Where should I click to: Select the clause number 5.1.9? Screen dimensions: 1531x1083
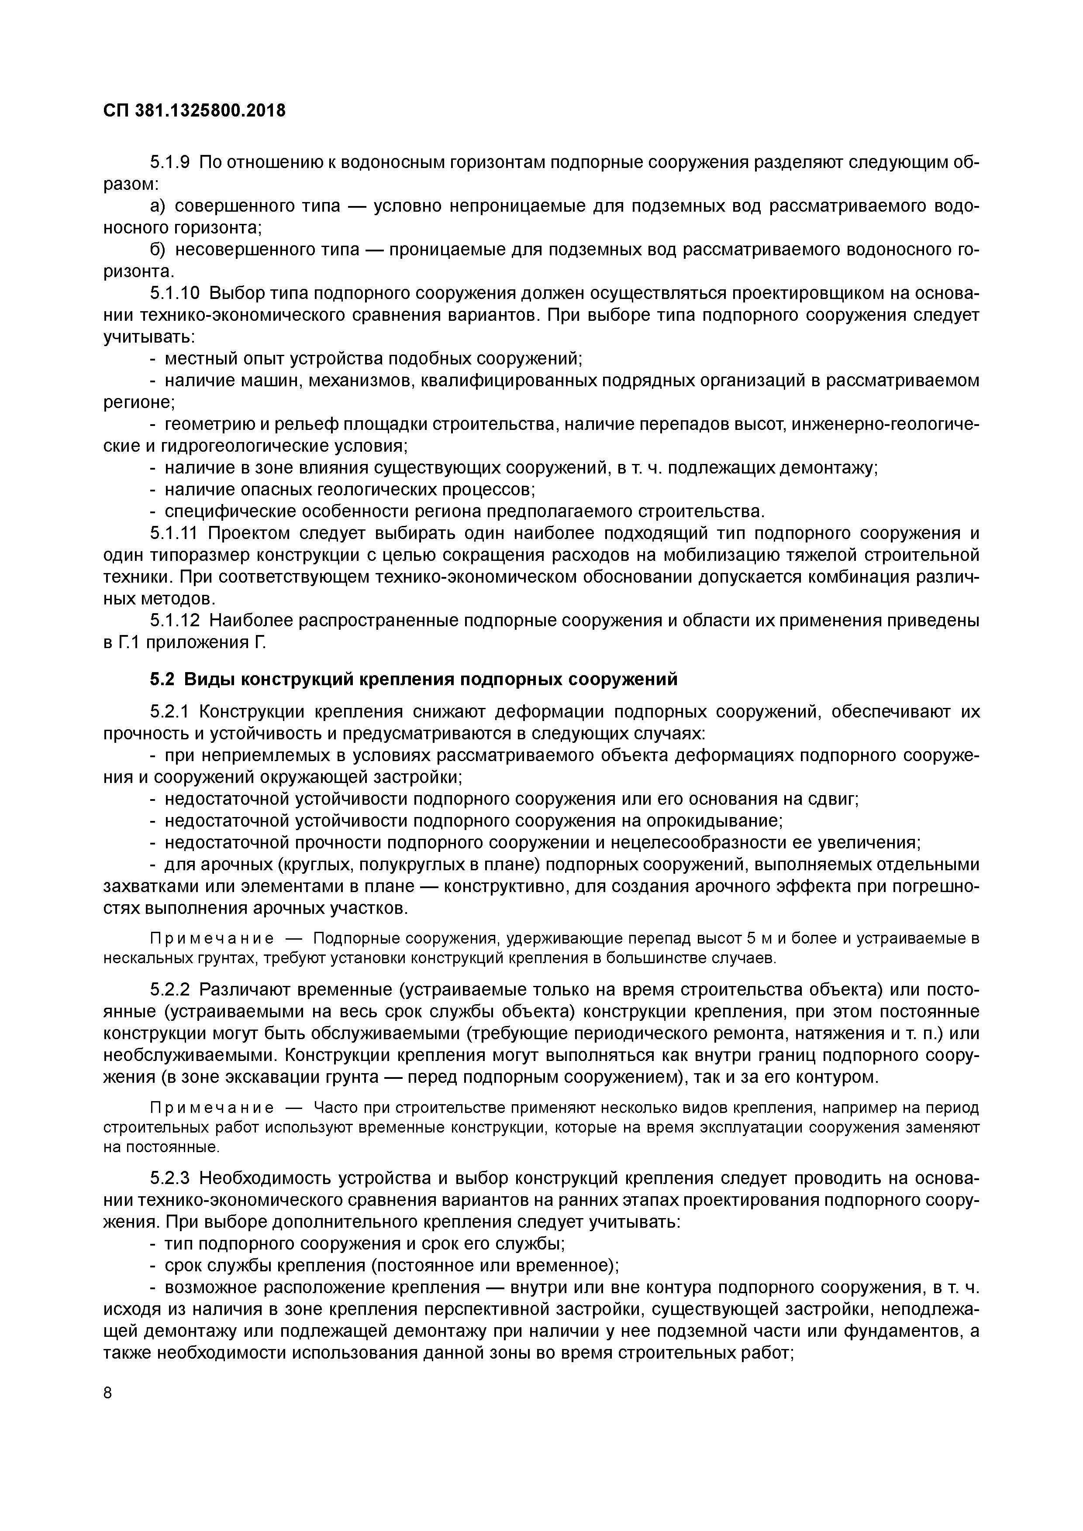click(x=170, y=163)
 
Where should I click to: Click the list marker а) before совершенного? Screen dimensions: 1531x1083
click(x=158, y=206)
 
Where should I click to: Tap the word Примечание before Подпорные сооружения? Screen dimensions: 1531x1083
click(x=211, y=939)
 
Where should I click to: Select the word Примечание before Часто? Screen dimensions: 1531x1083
click(x=211, y=1108)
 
